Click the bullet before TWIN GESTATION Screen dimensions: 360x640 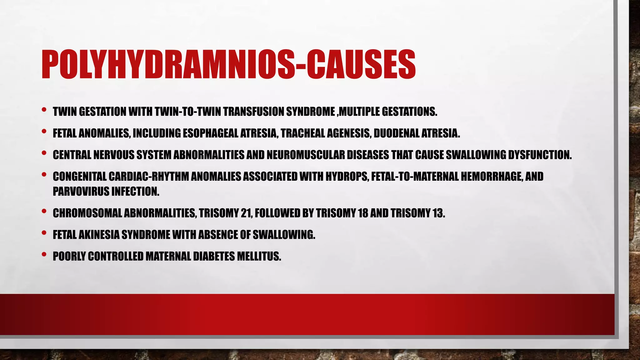tap(44, 110)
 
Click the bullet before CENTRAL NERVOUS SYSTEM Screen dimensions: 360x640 tap(44, 153)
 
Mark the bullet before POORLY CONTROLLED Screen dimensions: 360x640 tap(44, 254)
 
